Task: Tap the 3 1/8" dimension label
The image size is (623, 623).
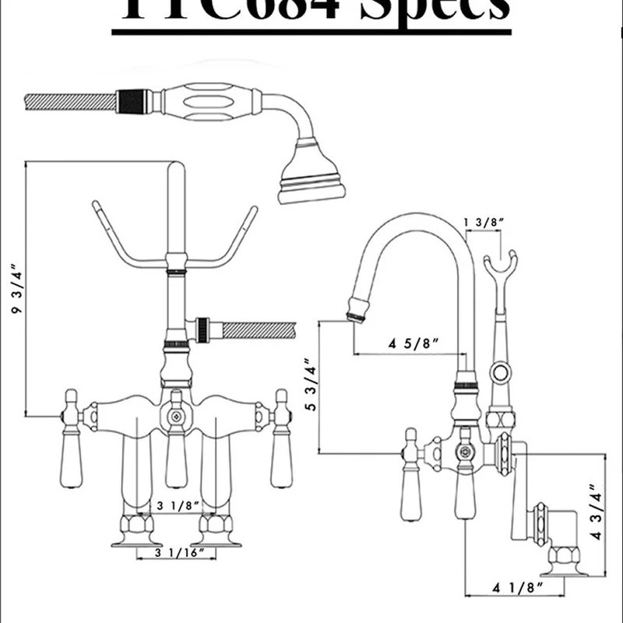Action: click(174, 506)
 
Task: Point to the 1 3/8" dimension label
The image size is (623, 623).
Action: click(485, 223)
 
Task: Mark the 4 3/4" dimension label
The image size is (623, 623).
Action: click(598, 515)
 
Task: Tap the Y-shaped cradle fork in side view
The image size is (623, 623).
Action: click(499, 265)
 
